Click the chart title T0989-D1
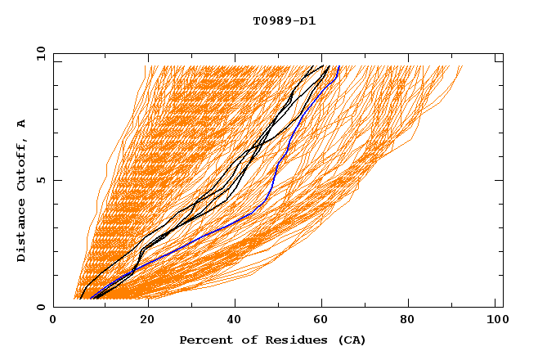[285, 20]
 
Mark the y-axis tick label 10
[41, 53]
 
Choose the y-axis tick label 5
[41, 180]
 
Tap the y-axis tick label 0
[41, 307]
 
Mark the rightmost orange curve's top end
[462, 66]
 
